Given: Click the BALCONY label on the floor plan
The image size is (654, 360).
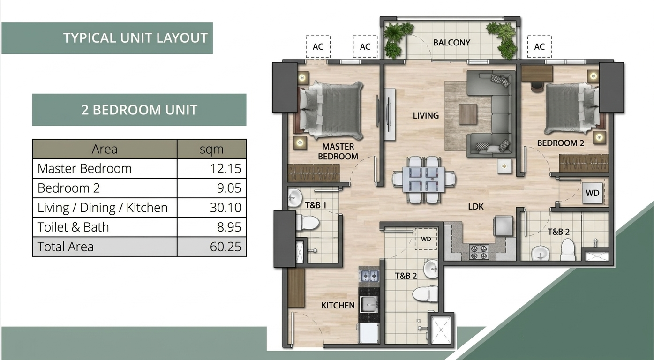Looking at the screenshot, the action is [451, 43].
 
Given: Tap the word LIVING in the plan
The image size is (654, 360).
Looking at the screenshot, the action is [426, 116].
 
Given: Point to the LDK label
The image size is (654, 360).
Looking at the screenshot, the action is [476, 207].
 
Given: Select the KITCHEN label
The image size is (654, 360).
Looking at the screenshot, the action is [338, 306].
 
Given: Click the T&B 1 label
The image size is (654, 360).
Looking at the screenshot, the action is [316, 205].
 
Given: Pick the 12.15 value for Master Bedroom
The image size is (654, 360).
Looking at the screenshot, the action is [226, 168].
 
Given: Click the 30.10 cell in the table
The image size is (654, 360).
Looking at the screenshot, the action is [226, 208].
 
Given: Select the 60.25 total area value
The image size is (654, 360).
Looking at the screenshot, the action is [226, 247].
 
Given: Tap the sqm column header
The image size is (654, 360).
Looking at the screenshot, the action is [211, 149].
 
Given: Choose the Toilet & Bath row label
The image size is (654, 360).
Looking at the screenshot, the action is [73, 227].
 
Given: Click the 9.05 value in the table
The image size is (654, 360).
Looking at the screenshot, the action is [229, 188].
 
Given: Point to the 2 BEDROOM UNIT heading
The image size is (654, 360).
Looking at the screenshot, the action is [139, 110].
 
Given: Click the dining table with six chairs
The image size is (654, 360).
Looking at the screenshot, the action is [424, 180].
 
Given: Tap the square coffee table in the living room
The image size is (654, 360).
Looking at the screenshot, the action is [468, 114].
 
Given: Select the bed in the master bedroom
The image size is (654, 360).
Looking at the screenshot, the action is [331, 110].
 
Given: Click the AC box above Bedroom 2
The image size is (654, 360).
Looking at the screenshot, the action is [540, 47].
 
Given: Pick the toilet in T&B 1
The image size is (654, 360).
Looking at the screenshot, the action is [308, 223].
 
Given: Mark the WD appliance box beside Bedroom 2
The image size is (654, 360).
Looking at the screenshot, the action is [593, 193].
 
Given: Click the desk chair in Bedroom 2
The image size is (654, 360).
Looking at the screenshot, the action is [537, 86].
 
